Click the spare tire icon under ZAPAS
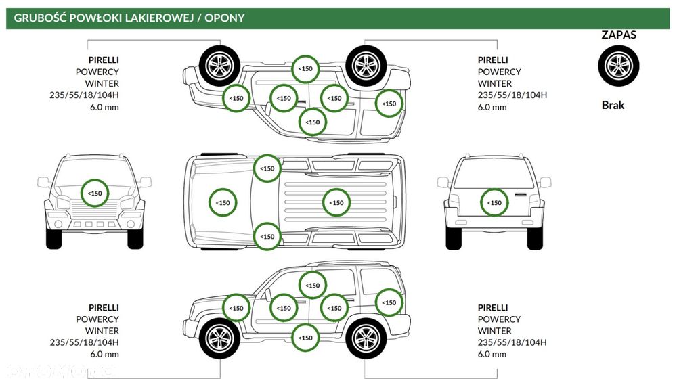[618, 66]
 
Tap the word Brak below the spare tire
[613, 105]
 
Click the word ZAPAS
[619, 35]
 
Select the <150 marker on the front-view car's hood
[95, 193]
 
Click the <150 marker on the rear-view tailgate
[494, 202]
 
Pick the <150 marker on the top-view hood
[223, 202]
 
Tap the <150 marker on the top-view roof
[336, 202]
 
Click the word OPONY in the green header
[225, 18]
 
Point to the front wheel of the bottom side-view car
[220, 338]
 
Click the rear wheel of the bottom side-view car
[366, 338]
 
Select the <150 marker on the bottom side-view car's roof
[313, 286]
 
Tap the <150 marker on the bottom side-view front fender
[236, 308]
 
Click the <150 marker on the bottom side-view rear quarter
[389, 302]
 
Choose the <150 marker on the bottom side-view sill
[305, 338]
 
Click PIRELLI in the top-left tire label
[104, 60]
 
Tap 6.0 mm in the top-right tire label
[492, 107]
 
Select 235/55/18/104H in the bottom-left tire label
[84, 342]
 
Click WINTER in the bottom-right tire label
[494, 331]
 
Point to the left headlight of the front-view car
[64, 203]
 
